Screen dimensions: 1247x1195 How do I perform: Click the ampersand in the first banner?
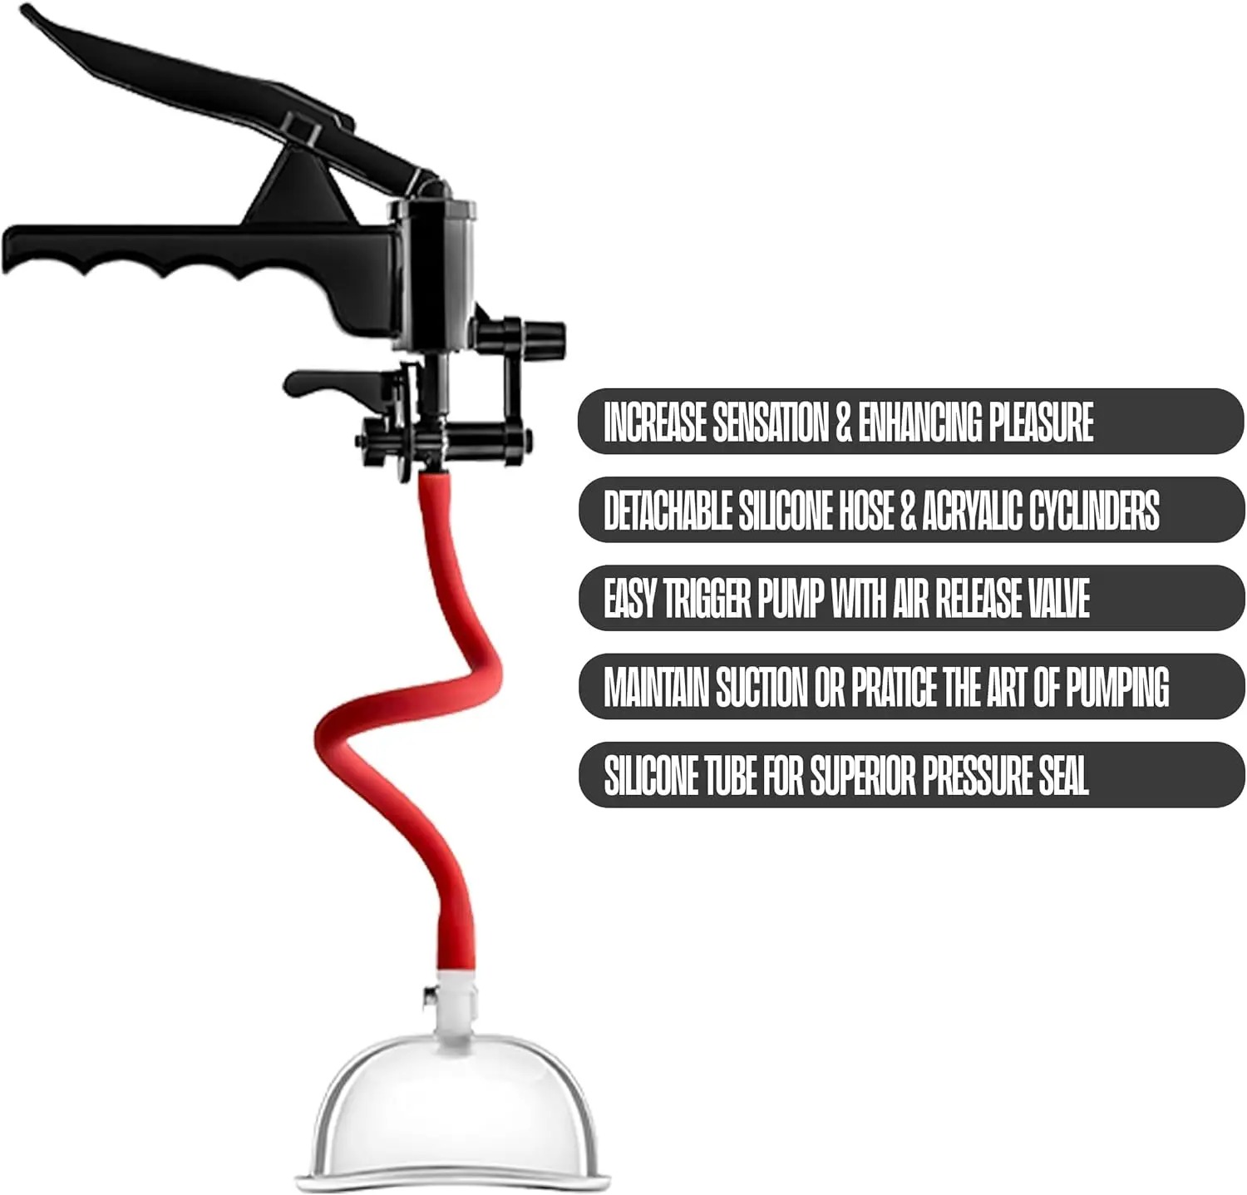843,422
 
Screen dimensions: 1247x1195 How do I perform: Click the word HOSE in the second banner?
865,510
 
